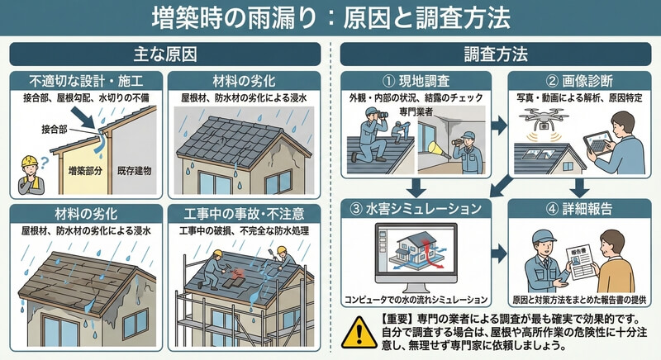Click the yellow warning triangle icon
coord(359,332)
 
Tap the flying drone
coord(544,118)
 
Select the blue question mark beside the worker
coord(45,162)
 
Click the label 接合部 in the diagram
coord(55,130)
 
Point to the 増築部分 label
coord(86,171)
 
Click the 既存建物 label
coord(134,171)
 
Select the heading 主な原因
coord(164,54)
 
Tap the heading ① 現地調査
coord(416,80)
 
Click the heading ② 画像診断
coord(580,80)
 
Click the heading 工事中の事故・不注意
coord(244,214)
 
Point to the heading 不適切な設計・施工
coord(86,80)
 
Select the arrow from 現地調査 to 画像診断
coord(500,126)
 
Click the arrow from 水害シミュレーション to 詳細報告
coord(500,253)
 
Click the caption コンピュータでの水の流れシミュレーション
coord(416,300)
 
